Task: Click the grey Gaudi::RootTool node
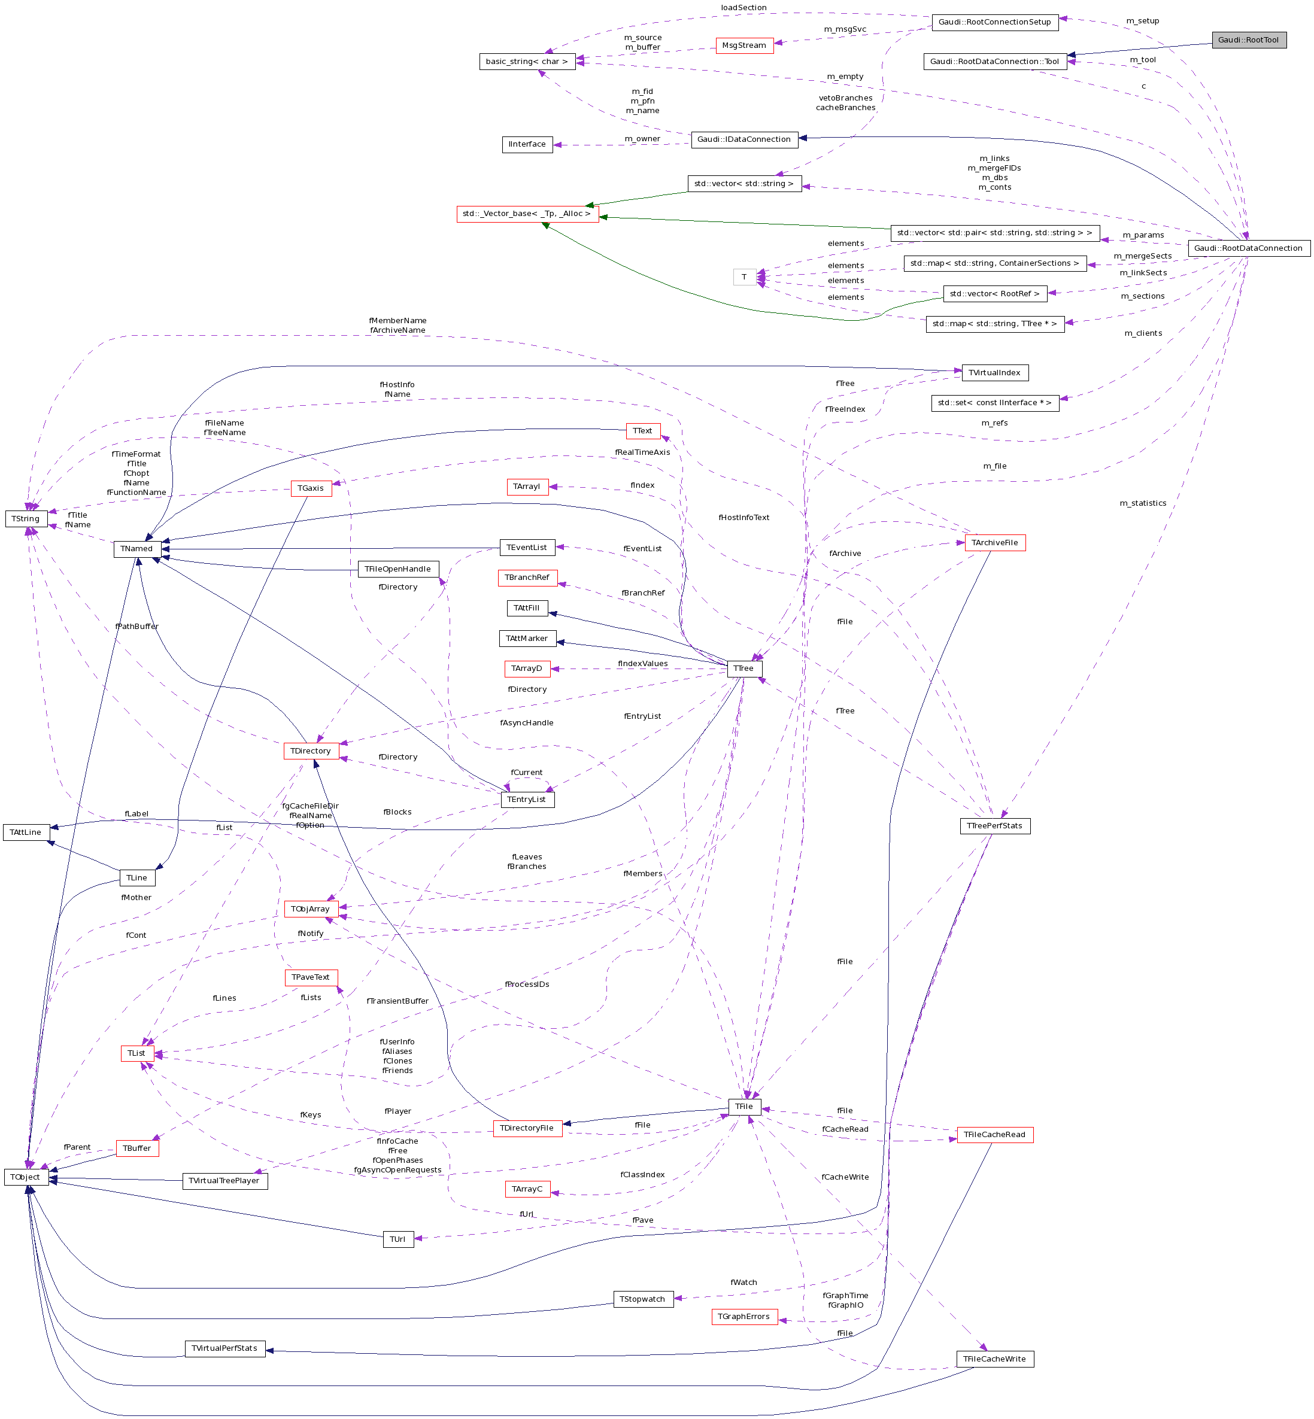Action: pos(1249,40)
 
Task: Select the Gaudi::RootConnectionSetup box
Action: pos(994,22)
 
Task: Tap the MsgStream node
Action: pos(744,45)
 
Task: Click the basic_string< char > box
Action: pos(527,62)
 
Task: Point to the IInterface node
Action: pos(527,144)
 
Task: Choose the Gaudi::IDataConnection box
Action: pos(744,139)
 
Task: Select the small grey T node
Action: pos(744,277)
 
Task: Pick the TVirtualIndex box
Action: pos(994,372)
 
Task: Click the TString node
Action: pos(26,519)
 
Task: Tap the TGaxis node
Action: pos(311,488)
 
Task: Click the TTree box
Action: pos(744,669)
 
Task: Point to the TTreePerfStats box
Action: pos(994,826)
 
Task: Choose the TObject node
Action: pos(26,1177)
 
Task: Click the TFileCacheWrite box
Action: pos(994,1359)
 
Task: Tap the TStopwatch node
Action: pos(643,1299)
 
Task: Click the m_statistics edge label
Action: pos(1143,503)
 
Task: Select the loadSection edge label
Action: pos(744,8)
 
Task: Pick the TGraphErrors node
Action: pos(744,1317)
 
